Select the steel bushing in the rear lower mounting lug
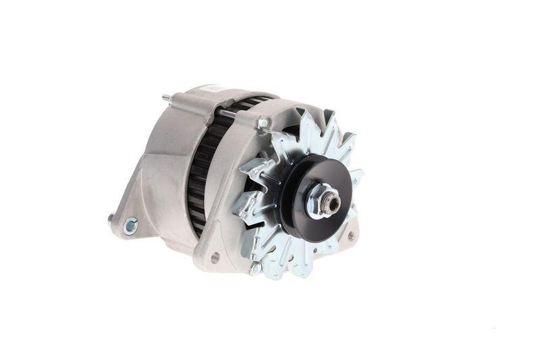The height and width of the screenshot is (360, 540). click(x=130, y=226)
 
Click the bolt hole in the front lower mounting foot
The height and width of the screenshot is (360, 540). click(x=215, y=257)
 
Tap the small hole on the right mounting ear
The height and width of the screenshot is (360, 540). click(x=350, y=236)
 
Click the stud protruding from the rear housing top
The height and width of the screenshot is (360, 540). click(x=166, y=99)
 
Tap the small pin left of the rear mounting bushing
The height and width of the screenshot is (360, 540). click(x=111, y=218)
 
